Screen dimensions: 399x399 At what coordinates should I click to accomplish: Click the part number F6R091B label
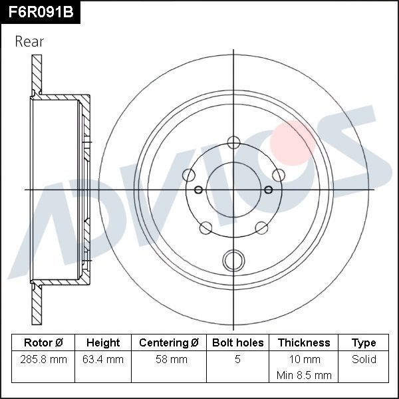[40, 11]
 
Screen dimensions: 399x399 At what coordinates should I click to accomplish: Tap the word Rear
[29, 41]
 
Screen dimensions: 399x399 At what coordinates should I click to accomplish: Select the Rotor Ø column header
[43, 343]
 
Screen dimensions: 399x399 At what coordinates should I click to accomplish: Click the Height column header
[103, 343]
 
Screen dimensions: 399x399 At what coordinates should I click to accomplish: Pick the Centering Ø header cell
[169, 343]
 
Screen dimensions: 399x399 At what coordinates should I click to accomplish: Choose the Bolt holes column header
[237, 343]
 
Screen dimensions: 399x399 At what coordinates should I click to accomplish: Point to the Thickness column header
[304, 343]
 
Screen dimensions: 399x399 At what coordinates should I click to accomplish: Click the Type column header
[364, 343]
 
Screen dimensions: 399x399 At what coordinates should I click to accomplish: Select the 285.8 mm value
[43, 360]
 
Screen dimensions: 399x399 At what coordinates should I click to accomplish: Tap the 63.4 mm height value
[103, 360]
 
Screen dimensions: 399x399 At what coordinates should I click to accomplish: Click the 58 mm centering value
[169, 360]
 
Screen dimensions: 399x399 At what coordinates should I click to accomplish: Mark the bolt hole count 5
[237, 360]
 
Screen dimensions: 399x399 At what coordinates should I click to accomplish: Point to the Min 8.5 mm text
[304, 375]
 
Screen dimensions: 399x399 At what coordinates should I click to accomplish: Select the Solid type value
[364, 360]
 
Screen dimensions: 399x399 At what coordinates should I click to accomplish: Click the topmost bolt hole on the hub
[233, 142]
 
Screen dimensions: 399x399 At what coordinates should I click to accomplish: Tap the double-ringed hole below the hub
[233, 259]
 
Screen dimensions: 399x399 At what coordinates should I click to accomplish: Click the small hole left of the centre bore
[198, 190]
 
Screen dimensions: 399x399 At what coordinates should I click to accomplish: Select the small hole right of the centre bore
[269, 190]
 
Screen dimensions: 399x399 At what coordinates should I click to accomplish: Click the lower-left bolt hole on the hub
[205, 229]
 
